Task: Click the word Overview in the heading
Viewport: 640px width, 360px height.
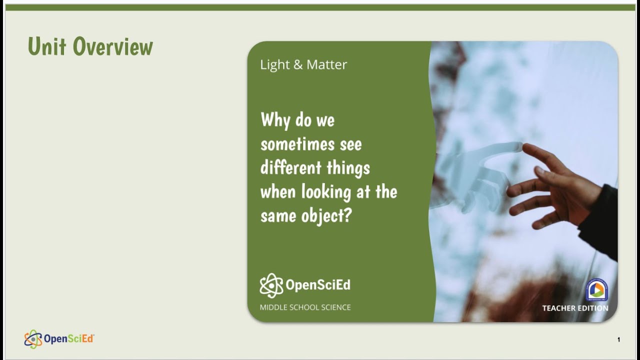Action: [x=113, y=46]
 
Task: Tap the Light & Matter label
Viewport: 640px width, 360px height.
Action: [x=303, y=64]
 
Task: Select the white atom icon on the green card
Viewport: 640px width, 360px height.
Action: [x=271, y=285]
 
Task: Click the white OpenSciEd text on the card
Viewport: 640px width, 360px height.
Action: [x=318, y=285]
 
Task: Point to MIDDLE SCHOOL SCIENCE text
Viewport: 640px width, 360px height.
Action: [x=305, y=307]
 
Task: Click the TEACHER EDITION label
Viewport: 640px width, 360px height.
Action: [x=575, y=308]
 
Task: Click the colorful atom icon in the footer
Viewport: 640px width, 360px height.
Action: [x=33, y=339]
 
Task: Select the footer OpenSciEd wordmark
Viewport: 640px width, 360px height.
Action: [x=69, y=339]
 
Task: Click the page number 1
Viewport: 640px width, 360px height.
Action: [x=618, y=340]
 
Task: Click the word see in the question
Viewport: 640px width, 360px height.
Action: [x=350, y=144]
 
